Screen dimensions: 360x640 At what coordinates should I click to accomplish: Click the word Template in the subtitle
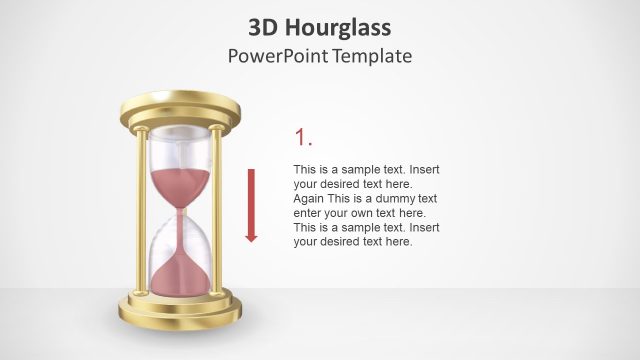(x=373, y=56)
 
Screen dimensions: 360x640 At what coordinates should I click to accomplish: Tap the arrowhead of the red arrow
(x=251, y=237)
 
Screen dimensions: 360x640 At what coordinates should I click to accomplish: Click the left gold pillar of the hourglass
(x=142, y=210)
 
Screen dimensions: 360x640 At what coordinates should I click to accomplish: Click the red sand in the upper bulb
(x=180, y=186)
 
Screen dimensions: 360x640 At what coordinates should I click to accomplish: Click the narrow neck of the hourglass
(x=180, y=211)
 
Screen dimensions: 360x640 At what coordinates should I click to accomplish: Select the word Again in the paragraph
(x=310, y=198)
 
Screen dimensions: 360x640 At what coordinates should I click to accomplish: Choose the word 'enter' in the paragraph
(x=310, y=213)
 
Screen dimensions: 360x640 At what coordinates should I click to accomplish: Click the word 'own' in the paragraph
(x=371, y=213)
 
